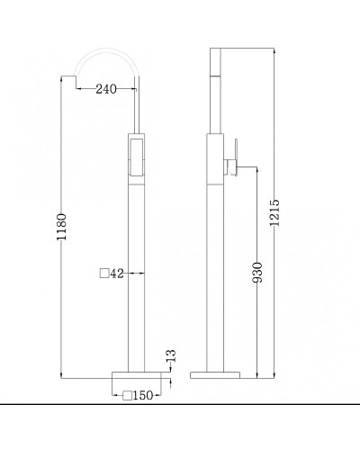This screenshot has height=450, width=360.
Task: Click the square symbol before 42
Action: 103,273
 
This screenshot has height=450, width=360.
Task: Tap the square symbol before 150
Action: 128,394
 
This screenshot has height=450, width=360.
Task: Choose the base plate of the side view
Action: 217,374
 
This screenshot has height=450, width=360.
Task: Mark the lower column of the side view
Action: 217,270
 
